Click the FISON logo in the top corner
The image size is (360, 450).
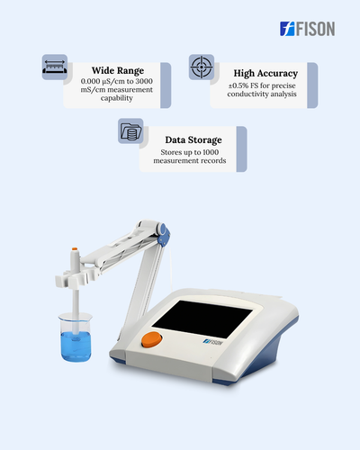pyautogui.click(x=308, y=29)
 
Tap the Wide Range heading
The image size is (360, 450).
pyautogui.click(x=118, y=71)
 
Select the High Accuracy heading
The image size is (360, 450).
pyautogui.click(x=265, y=74)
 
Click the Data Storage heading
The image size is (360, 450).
pyautogui.click(x=193, y=140)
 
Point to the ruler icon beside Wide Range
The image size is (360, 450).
pyautogui.click(x=55, y=67)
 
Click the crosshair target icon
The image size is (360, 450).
pyautogui.click(x=202, y=67)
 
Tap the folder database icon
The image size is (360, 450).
pyautogui.click(x=130, y=131)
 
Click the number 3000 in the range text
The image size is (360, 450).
pyautogui.click(x=144, y=81)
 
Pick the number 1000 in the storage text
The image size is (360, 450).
pyautogui.click(x=211, y=152)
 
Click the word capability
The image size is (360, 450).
pyautogui.click(x=117, y=98)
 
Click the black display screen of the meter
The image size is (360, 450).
pyautogui.click(x=202, y=319)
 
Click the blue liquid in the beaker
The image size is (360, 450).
pyautogui.click(x=76, y=346)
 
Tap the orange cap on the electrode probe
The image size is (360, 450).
pyautogui.click(x=75, y=249)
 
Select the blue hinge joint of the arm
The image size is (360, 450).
pyautogui.click(x=164, y=235)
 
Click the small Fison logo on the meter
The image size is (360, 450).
pyautogui.click(x=213, y=342)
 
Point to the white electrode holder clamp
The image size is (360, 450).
pyautogui.click(x=78, y=277)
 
